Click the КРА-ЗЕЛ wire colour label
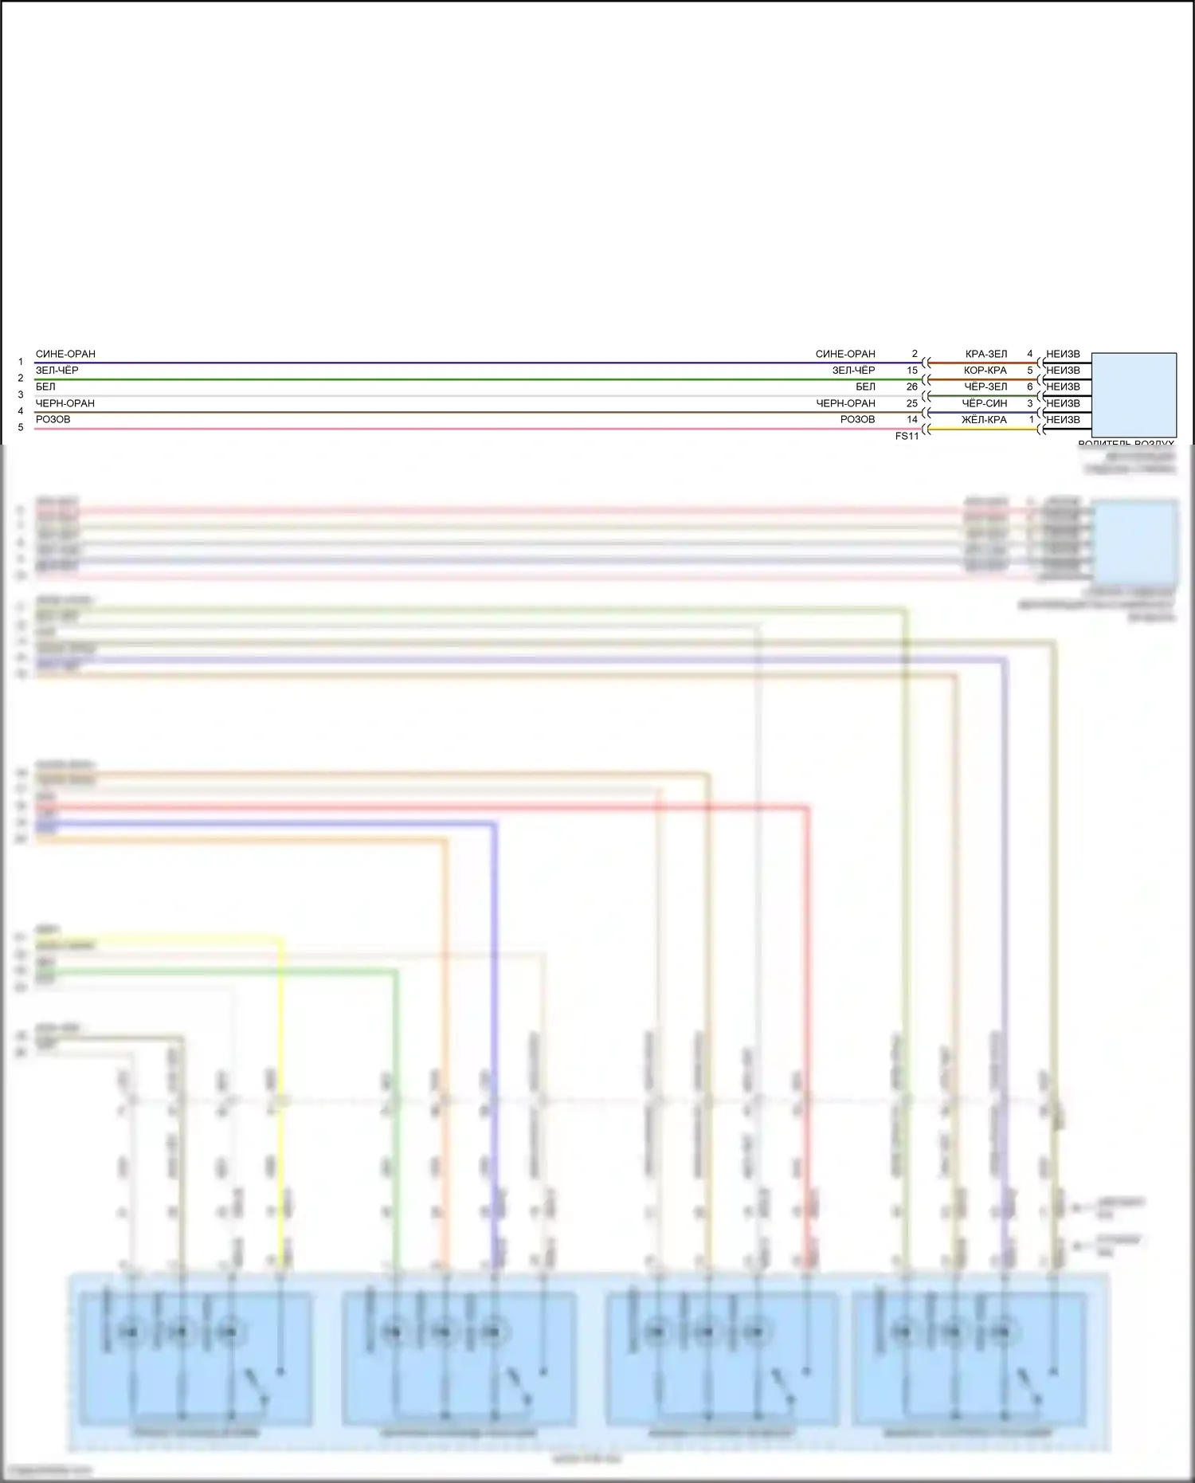[x=986, y=354]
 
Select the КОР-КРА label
[x=985, y=371]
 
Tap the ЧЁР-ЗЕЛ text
[x=985, y=386]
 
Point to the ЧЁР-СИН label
[x=985, y=403]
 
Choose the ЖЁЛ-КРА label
[x=985, y=420]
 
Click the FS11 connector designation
[x=907, y=436]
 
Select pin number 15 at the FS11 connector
[x=912, y=371]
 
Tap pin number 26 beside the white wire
[x=912, y=386]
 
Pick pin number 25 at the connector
[x=912, y=403]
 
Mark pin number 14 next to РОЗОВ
[x=912, y=420]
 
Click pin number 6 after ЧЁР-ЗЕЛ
[x=1030, y=386]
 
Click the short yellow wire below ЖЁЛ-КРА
[x=984, y=430]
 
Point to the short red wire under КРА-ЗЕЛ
[x=984, y=363]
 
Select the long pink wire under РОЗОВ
[x=478, y=430]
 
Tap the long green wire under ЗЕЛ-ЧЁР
[x=478, y=380]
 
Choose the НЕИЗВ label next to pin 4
[x=1063, y=354]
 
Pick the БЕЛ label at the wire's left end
[x=45, y=386]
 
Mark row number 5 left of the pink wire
[x=21, y=428]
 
